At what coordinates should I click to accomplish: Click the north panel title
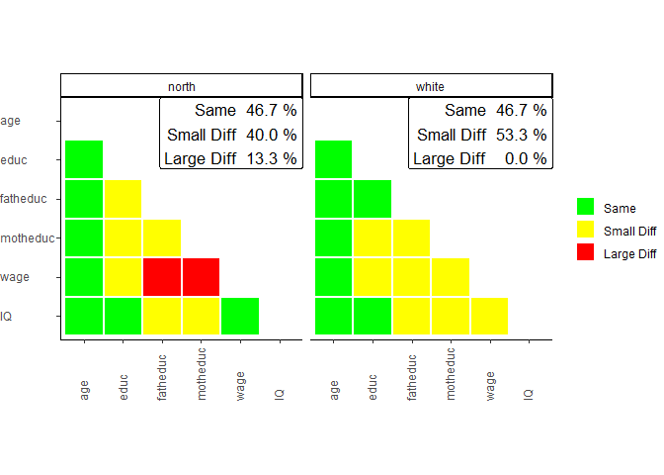(182, 86)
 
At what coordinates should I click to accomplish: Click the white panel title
(431, 86)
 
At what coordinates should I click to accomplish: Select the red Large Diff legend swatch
(585, 253)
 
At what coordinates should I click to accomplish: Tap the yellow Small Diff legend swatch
(585, 231)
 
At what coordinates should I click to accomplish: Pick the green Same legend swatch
(585, 207)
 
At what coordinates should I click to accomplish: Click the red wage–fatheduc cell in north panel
(162, 277)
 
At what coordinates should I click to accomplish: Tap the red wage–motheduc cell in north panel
(201, 277)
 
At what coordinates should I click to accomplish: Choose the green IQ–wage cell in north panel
(240, 316)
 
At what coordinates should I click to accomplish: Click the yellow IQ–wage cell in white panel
(489, 316)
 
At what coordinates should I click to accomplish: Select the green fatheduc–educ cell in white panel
(373, 199)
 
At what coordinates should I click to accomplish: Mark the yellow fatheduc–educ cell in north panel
(124, 199)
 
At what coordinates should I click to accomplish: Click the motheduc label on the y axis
(28, 238)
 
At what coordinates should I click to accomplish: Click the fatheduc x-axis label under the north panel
(163, 377)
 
